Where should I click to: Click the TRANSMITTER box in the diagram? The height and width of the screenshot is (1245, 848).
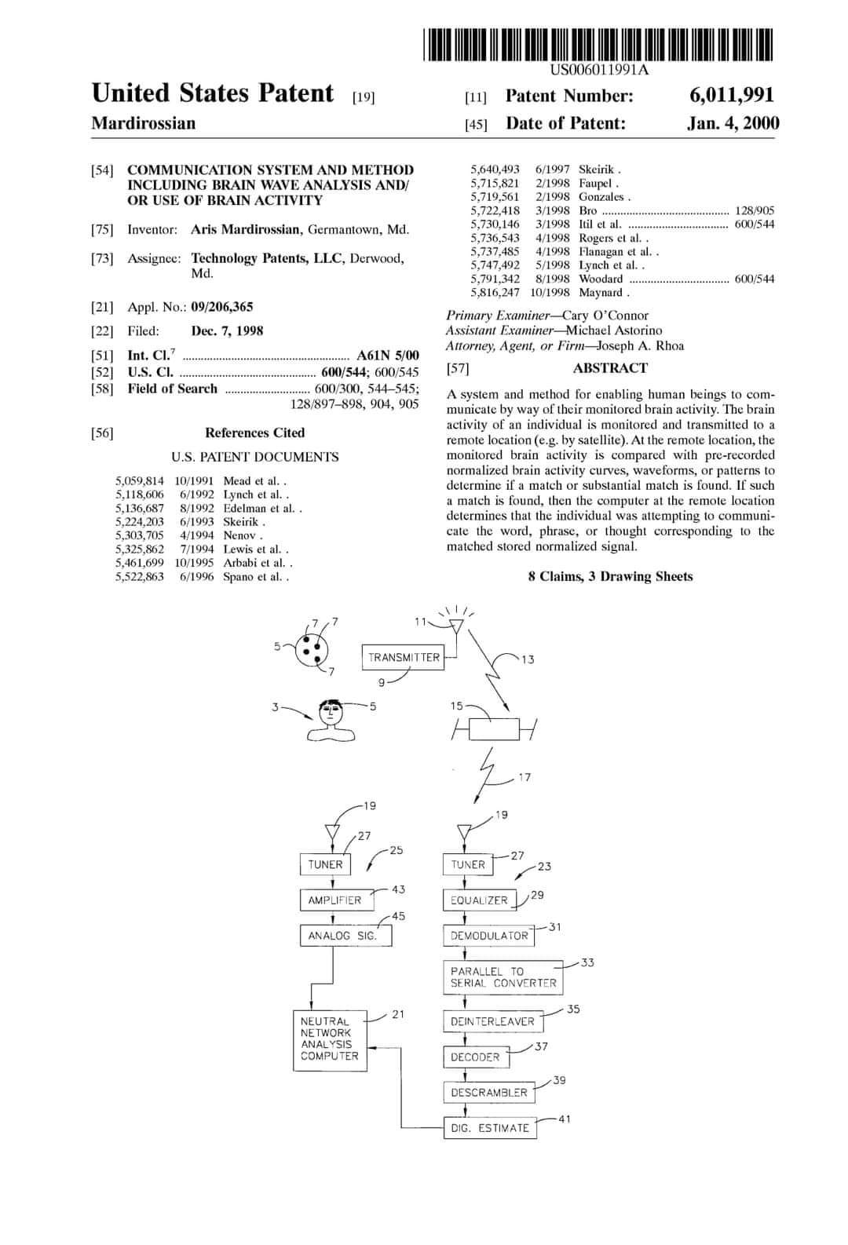[x=404, y=657]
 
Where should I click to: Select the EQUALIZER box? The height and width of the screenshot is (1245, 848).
[x=479, y=900]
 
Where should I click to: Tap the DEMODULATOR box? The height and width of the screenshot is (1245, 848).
[x=488, y=936]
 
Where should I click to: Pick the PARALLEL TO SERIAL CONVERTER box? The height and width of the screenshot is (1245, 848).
[x=503, y=977]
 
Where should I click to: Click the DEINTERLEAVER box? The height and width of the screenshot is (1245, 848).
[x=492, y=1021]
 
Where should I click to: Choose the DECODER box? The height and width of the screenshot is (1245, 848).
[x=475, y=1057]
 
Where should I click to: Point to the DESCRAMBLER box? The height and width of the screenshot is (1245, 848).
[x=488, y=1093]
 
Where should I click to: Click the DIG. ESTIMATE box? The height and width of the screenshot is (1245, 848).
[x=490, y=1128]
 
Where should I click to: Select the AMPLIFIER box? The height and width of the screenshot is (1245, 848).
[x=334, y=900]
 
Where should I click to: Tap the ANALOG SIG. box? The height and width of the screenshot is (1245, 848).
[x=345, y=936]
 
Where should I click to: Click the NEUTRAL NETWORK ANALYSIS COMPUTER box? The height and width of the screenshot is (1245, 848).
[x=331, y=1039]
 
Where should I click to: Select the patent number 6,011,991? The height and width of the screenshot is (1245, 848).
[x=732, y=96]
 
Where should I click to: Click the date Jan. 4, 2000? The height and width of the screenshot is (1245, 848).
[x=733, y=123]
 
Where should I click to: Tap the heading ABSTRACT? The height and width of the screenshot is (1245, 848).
[x=610, y=368]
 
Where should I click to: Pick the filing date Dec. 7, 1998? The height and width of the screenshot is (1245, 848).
[x=227, y=331]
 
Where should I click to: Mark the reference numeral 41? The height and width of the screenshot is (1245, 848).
[x=565, y=1119]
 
